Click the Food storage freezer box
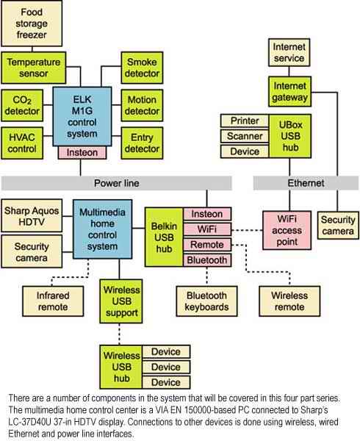(x=32, y=24)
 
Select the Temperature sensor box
(x=34, y=68)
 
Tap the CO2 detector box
(x=22, y=105)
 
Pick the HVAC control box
(x=22, y=143)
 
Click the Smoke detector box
(x=142, y=68)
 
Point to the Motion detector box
(x=142, y=105)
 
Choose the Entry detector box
(x=142, y=143)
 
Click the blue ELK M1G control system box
(x=82, y=116)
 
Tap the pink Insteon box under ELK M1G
(x=82, y=152)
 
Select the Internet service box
(x=289, y=53)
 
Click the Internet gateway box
(x=289, y=91)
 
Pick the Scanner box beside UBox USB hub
(x=245, y=136)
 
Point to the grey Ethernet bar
(x=306, y=183)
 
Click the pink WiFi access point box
(x=287, y=230)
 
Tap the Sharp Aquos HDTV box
(x=32, y=215)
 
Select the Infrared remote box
(x=53, y=301)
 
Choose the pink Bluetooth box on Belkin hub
(x=207, y=260)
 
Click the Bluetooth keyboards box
(x=206, y=301)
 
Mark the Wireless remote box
(x=289, y=301)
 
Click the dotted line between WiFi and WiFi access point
(x=247, y=230)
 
